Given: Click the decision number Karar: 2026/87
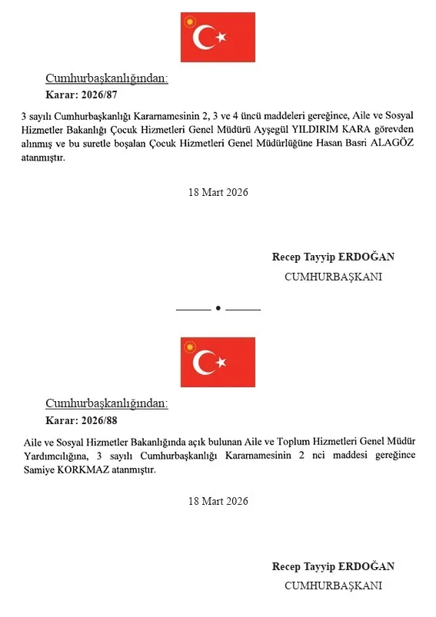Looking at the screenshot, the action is tap(81, 96).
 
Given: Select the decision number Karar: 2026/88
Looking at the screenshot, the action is tap(81, 420).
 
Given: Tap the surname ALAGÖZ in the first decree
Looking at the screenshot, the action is tap(392, 145).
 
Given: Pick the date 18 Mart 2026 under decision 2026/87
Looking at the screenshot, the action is tap(218, 192).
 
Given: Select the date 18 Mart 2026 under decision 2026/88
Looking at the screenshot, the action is tap(218, 501).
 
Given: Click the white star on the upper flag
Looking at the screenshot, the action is tap(221, 36).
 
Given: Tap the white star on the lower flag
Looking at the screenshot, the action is tap(221, 361).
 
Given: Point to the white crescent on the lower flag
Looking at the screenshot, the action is tap(203, 362).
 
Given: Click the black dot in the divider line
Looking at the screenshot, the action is tap(218, 308).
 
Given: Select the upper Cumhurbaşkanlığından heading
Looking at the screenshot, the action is tap(107, 79).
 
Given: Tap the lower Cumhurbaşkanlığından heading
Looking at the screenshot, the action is tap(107, 403).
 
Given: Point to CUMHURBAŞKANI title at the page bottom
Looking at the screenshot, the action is tap(333, 585).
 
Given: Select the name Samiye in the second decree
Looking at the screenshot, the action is tap(38, 469).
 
